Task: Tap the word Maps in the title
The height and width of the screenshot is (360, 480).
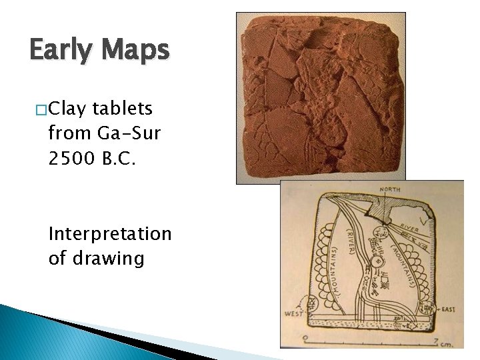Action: point(137,51)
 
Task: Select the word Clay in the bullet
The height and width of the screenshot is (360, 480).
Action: point(69,108)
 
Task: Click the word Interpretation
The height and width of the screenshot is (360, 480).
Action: point(110,234)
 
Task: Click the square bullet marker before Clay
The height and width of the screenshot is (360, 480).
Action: point(41,109)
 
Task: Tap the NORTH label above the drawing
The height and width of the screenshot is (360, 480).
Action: point(389,190)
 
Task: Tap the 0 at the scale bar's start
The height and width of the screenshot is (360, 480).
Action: point(305,339)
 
